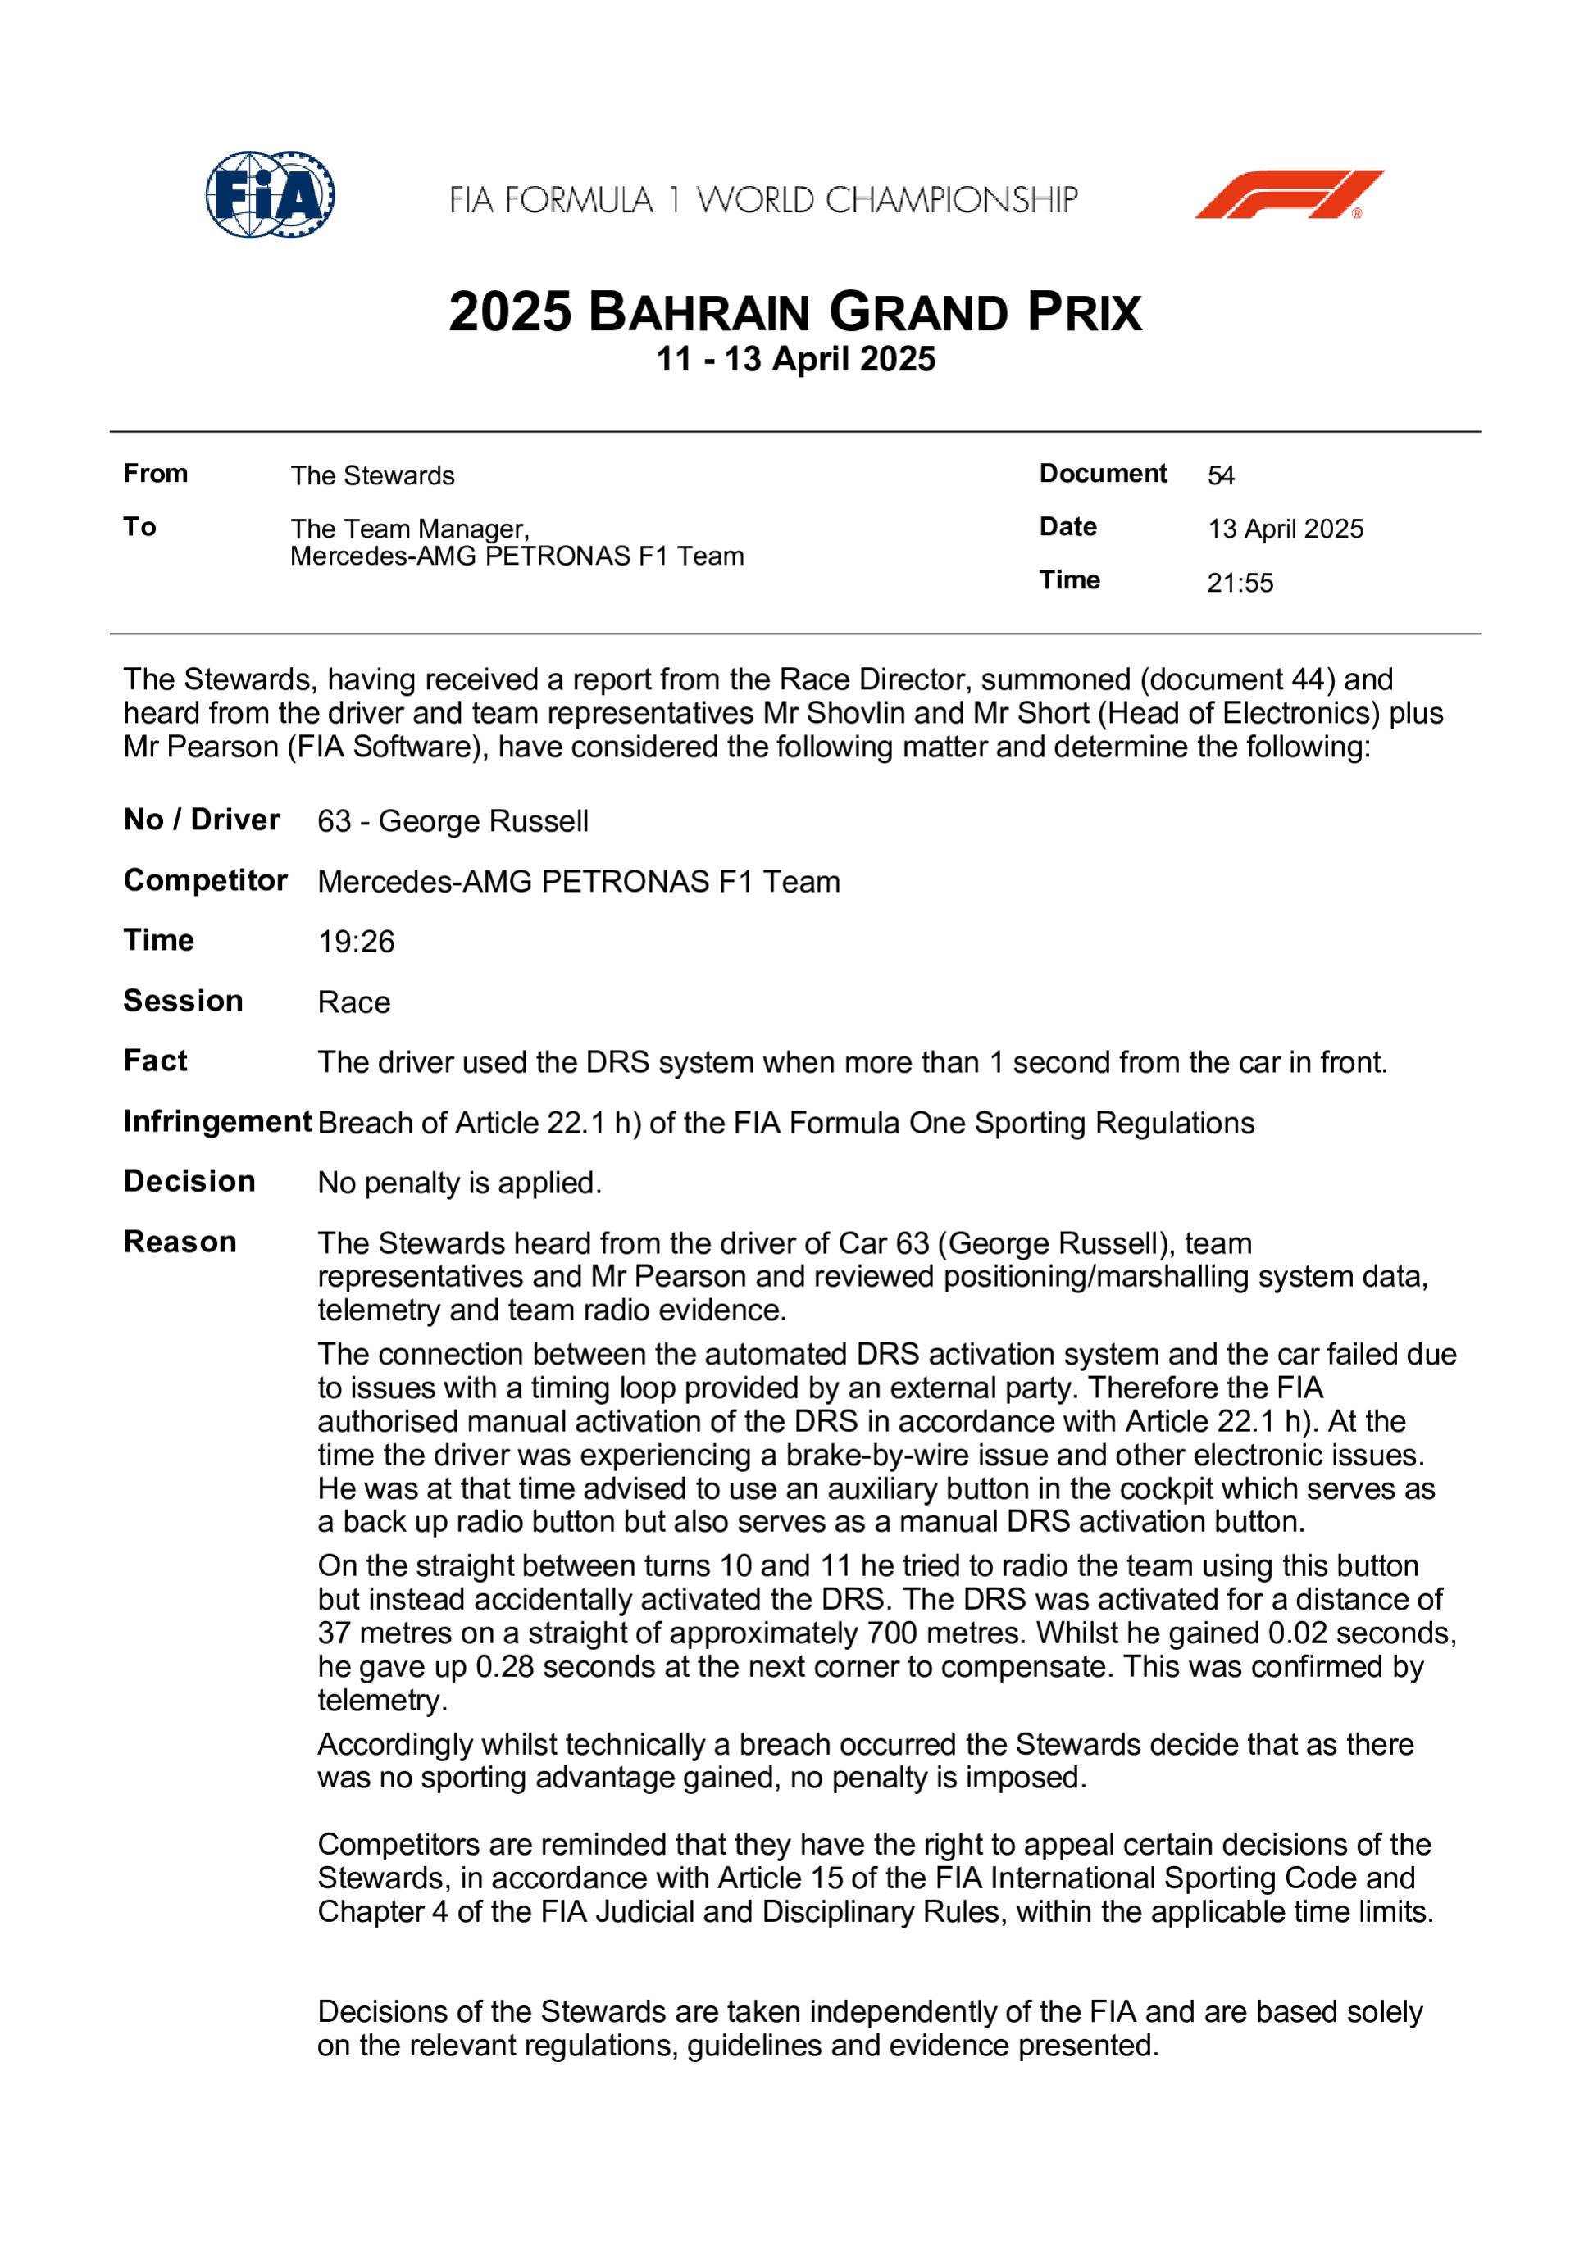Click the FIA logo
[x=269, y=194]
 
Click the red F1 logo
[x=1288, y=194]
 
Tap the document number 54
[x=1220, y=476]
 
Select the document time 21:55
[x=1240, y=583]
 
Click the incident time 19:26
[x=355, y=942]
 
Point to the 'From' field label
[x=155, y=474]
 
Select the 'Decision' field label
[x=189, y=1182]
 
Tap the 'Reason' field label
[x=180, y=1242]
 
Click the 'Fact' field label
[x=155, y=1061]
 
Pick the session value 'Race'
[x=353, y=1003]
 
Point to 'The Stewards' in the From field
[x=372, y=476]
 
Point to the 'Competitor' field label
[x=205, y=880]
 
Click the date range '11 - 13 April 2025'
[x=795, y=359]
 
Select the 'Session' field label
[x=183, y=1001]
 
